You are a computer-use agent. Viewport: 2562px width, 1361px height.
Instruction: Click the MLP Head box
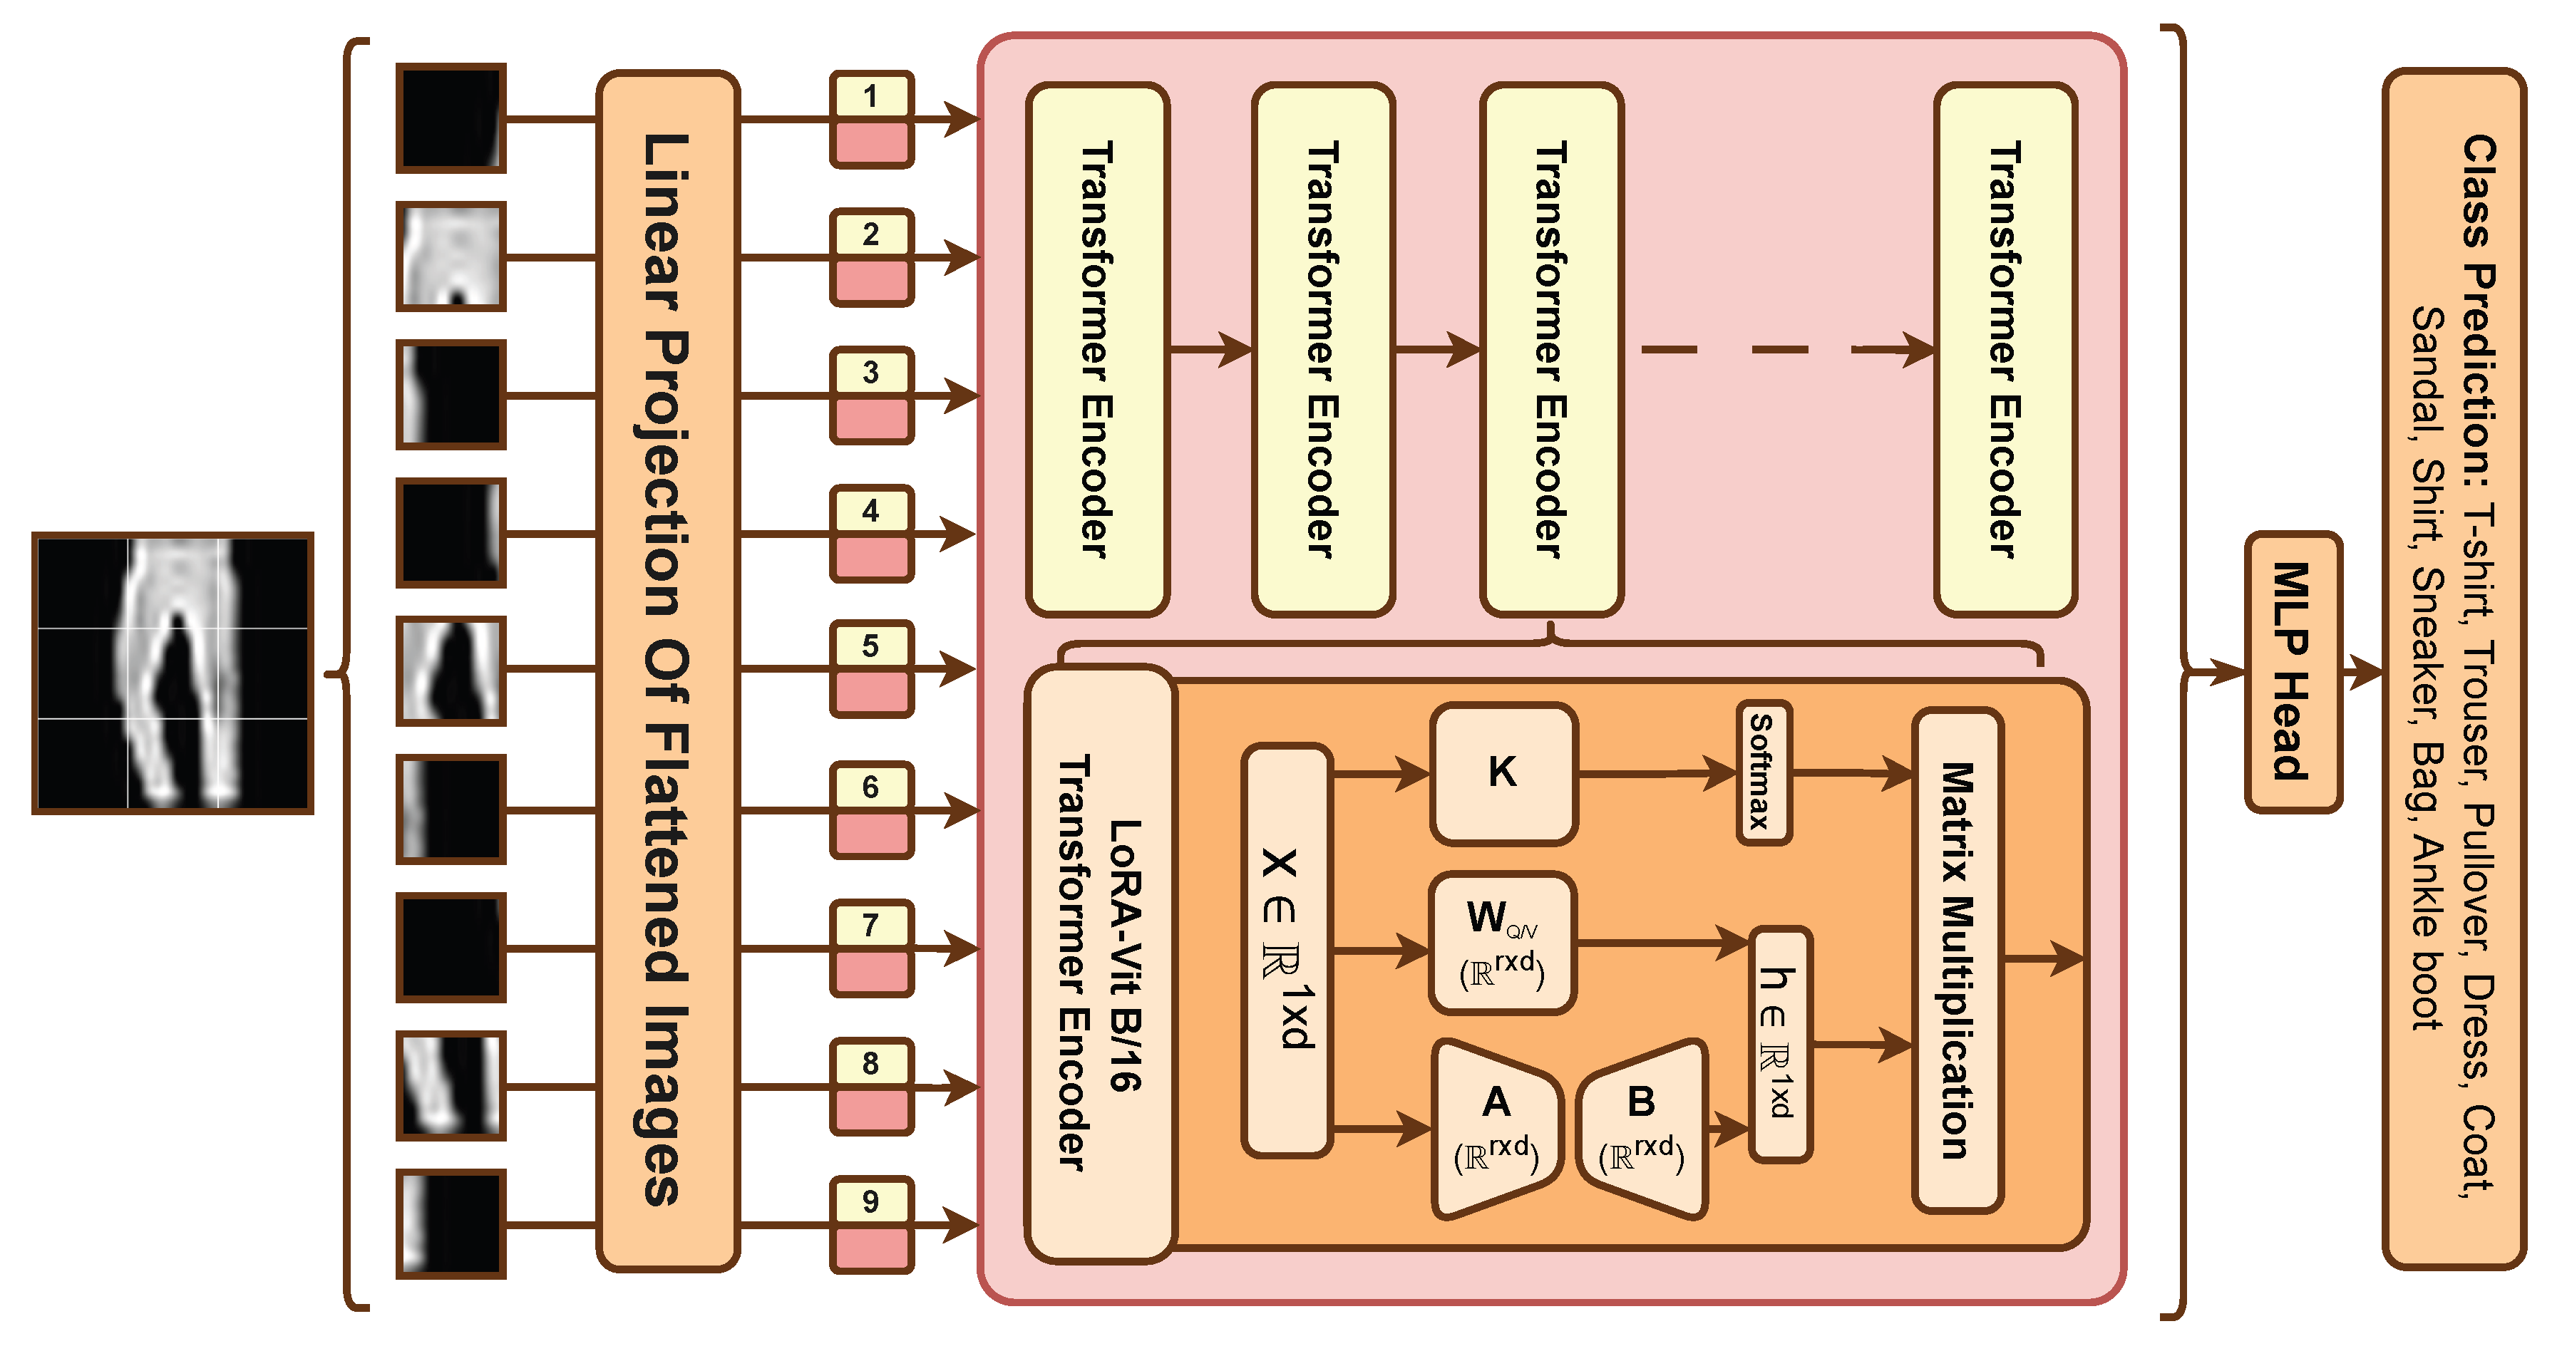(x=2293, y=672)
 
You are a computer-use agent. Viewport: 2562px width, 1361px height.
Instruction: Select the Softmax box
(x=1764, y=772)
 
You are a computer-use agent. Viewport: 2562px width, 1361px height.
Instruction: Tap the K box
(x=1503, y=773)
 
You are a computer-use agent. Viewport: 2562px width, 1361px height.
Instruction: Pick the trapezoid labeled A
(x=1495, y=1129)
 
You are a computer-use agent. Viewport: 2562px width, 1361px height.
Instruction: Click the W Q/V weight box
(x=1502, y=943)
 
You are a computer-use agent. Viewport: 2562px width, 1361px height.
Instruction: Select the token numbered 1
(x=871, y=118)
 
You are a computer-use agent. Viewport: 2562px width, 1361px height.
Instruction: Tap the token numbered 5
(x=871, y=669)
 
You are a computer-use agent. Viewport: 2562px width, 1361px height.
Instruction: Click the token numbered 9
(x=871, y=1223)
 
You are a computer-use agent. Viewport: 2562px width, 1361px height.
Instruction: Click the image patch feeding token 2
(x=451, y=257)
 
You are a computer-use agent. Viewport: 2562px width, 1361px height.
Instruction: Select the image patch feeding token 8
(x=451, y=1085)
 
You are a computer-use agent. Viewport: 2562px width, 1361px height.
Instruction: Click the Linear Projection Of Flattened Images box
(x=667, y=671)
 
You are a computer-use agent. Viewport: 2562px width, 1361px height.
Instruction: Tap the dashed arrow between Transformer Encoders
(x=1780, y=350)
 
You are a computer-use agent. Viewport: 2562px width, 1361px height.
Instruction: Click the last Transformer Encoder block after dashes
(x=2005, y=350)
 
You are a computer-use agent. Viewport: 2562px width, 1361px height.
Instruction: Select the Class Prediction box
(x=2454, y=669)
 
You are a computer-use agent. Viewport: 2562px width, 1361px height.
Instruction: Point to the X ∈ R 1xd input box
(x=1287, y=949)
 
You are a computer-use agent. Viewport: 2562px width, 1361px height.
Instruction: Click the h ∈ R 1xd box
(x=1779, y=1044)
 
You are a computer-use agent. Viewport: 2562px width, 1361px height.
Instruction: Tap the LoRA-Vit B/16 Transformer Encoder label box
(x=1100, y=963)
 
